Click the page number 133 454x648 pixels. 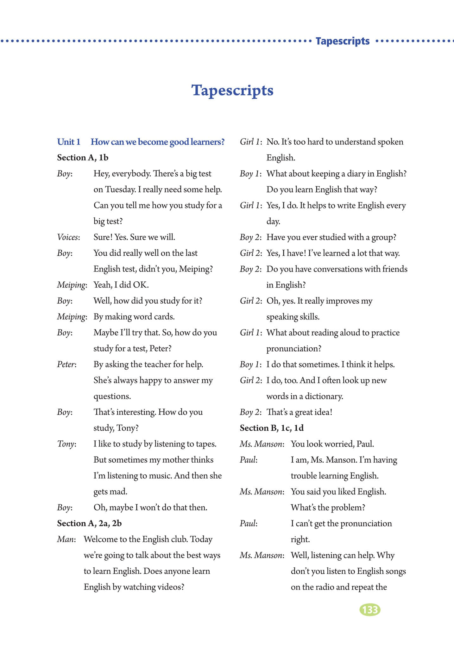370,609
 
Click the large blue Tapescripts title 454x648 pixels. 232,90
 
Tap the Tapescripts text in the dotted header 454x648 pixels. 343,41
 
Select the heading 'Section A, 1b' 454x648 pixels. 83,158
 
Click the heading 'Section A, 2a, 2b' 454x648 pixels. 89,523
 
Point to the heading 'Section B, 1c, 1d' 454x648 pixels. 271,428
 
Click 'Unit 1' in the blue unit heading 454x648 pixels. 69,142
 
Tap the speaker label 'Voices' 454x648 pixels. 68,237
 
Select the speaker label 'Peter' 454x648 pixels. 66,364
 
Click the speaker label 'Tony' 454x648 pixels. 66,444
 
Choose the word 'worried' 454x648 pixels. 338,444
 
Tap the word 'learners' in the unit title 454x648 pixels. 207,142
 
